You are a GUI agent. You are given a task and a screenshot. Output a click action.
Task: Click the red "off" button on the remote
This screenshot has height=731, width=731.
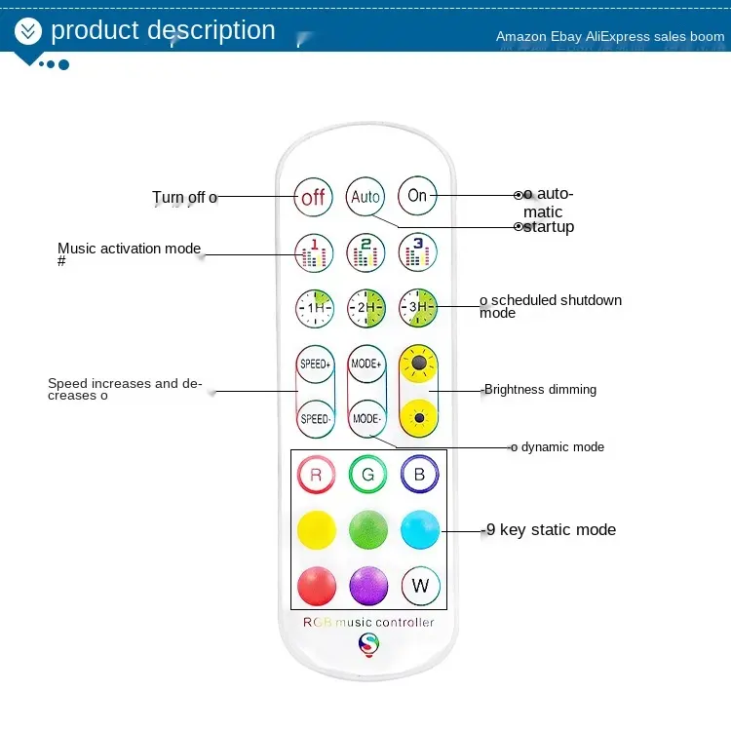pos(313,197)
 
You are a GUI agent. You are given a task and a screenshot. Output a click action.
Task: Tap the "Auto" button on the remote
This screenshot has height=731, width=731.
pos(365,196)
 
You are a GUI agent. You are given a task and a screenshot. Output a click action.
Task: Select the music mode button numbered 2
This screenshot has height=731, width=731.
pos(365,252)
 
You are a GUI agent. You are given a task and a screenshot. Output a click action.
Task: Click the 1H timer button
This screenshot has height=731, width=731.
pos(314,308)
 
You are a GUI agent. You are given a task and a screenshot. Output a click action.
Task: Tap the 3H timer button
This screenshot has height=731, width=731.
pos(417,308)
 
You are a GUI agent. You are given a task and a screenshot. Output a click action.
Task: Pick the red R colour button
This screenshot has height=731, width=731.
pos(315,475)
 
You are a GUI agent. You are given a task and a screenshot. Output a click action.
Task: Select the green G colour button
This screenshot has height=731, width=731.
pos(367,475)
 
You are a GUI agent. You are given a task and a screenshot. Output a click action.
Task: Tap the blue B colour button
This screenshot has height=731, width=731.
pos(420,475)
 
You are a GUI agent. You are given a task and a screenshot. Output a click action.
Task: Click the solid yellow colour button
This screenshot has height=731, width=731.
pos(315,529)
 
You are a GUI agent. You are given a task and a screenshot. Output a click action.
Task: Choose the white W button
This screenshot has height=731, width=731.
pos(420,585)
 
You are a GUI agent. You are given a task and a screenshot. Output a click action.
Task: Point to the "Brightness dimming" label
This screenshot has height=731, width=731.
pos(540,390)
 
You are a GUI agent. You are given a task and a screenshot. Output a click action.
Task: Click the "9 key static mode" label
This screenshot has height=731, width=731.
pos(551,530)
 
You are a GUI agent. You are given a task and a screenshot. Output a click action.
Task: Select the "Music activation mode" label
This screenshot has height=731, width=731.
pos(129,249)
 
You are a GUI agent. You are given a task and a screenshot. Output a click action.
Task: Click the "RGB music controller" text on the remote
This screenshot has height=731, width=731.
pos(368,622)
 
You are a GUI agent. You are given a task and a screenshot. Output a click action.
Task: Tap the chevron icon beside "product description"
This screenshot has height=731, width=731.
pos(28,31)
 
